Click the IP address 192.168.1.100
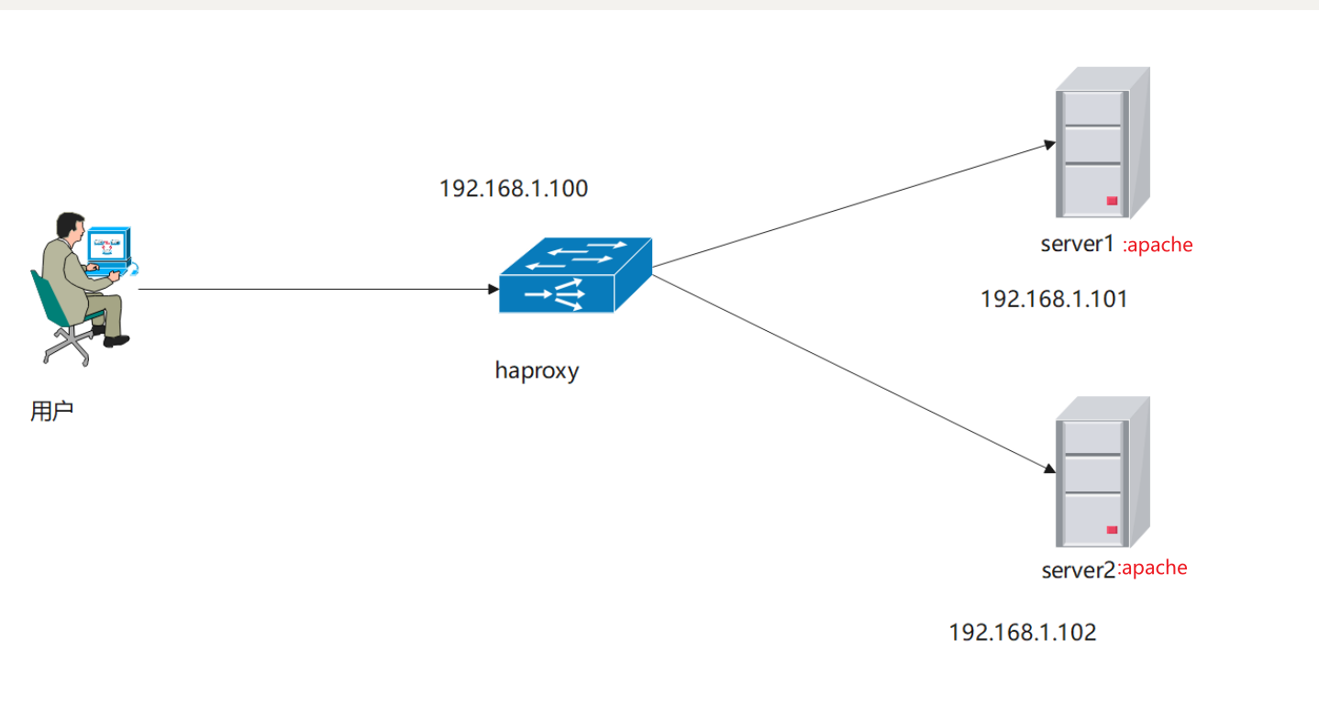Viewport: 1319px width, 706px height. click(514, 189)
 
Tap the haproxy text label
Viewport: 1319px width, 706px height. click(537, 371)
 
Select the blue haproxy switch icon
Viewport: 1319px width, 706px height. click(575, 275)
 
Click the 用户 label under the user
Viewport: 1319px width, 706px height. click(51, 411)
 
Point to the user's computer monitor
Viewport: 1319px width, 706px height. click(109, 245)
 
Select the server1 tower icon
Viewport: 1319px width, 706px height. click(1103, 142)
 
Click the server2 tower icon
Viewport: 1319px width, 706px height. click(1103, 471)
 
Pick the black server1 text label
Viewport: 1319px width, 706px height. click(1077, 244)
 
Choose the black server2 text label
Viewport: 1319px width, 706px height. click(1078, 570)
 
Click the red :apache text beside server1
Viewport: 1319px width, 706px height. click(1158, 245)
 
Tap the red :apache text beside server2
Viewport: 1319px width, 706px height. click(1152, 568)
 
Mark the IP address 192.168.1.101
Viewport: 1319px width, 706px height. click(1054, 299)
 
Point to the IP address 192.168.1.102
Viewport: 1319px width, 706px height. click(1023, 633)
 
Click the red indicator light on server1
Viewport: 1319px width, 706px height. click(1112, 201)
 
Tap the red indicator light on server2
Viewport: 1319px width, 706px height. click(1112, 530)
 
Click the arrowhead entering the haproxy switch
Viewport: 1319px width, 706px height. click(493, 289)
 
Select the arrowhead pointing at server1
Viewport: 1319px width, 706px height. click(1049, 145)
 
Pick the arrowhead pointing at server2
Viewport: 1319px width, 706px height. click(1049, 469)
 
